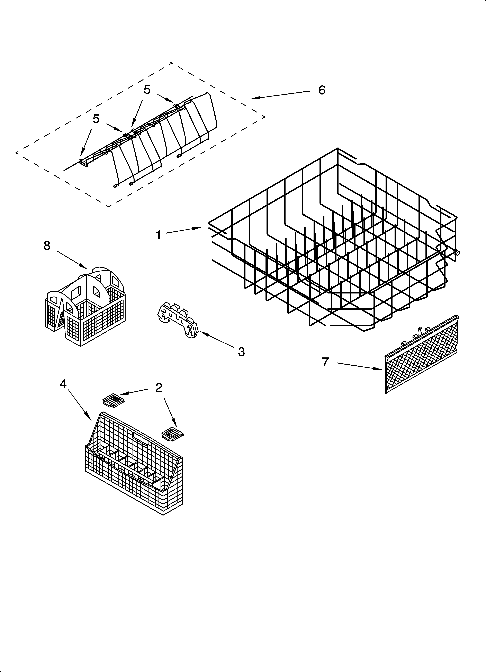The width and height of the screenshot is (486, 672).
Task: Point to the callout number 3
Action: point(241,352)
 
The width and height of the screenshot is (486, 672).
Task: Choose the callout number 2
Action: point(159,387)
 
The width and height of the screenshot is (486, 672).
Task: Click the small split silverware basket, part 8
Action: point(85,307)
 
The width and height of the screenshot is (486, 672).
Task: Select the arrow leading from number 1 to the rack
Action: point(183,231)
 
